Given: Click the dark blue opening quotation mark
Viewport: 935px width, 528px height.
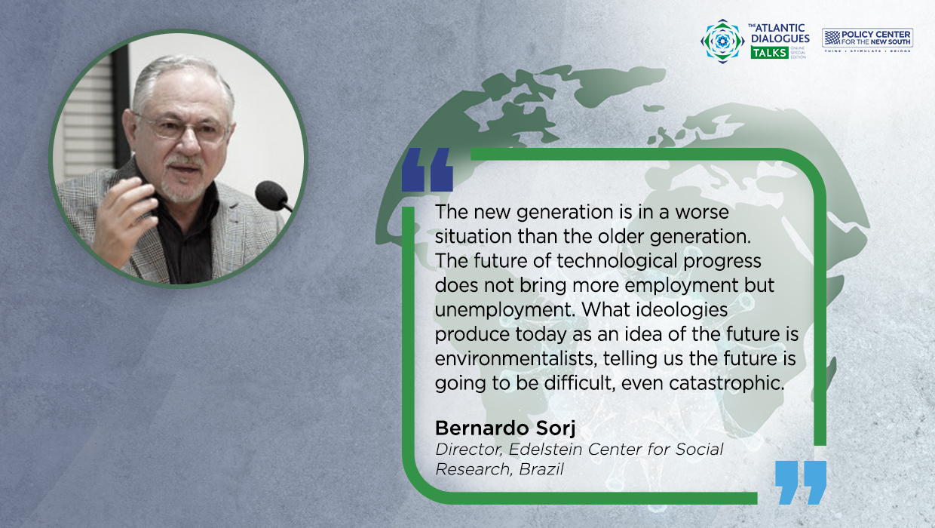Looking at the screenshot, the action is [x=427, y=170].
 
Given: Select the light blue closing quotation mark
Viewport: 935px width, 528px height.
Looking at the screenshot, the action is [x=801, y=482].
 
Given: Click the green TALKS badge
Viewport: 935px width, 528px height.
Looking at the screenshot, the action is [x=769, y=53].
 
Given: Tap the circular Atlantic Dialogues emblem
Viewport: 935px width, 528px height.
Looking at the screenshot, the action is [x=722, y=41].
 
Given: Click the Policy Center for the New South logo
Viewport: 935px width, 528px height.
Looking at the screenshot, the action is [x=867, y=40].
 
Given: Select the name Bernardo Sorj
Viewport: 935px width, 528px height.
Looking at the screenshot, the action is [x=505, y=428].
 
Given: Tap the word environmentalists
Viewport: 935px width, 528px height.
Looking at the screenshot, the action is [x=516, y=359].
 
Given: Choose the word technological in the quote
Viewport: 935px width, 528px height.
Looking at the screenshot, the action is [x=617, y=262].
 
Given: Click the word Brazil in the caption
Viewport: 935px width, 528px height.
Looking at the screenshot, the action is [x=541, y=469].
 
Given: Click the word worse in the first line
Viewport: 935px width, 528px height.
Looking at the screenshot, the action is [x=702, y=213].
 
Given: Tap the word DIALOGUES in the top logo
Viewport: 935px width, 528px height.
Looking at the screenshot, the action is [x=780, y=38].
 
